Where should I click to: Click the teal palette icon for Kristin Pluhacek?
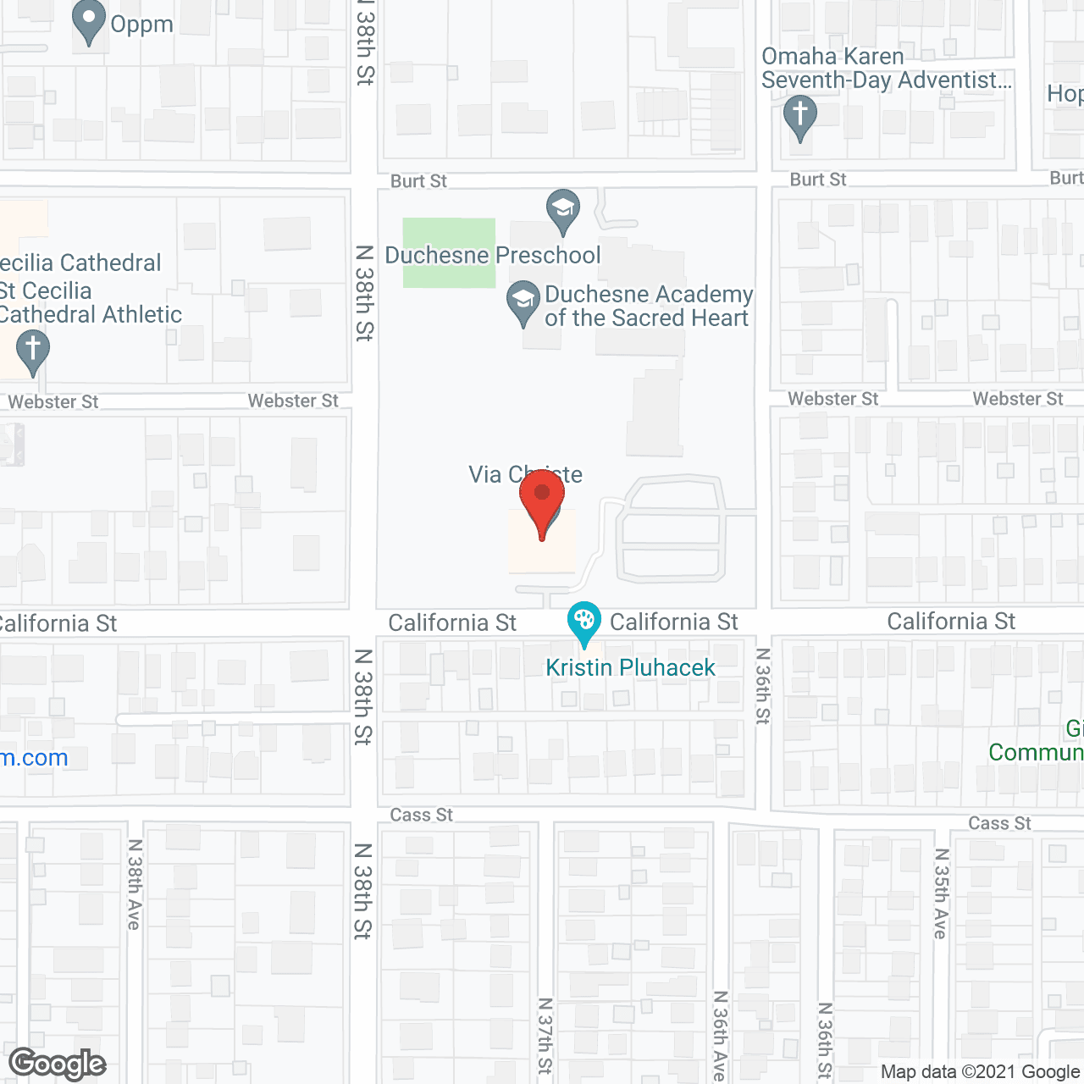pyautogui.click(x=583, y=622)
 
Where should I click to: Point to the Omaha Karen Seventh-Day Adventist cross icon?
pyautogui.click(x=799, y=116)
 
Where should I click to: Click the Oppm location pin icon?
pyautogui.click(x=89, y=21)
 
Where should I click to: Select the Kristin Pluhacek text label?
pyautogui.click(x=630, y=667)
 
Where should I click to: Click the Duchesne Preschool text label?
pyautogui.click(x=493, y=255)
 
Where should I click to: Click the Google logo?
pyautogui.click(x=58, y=1064)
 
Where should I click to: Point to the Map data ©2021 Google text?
pyautogui.click(x=981, y=1072)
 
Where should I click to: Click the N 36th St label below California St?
pyautogui.click(x=763, y=685)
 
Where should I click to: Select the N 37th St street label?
pyautogui.click(x=545, y=1035)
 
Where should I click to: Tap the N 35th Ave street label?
pyautogui.click(x=941, y=893)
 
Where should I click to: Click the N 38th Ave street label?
pyautogui.click(x=134, y=884)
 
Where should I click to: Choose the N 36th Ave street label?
pyautogui.click(x=720, y=1035)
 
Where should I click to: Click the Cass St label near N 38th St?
pyautogui.click(x=421, y=815)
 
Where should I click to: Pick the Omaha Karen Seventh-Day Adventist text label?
pyautogui.click(x=886, y=69)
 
